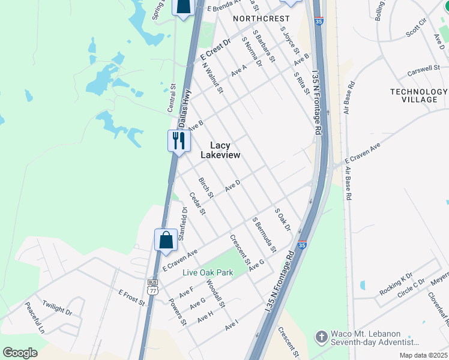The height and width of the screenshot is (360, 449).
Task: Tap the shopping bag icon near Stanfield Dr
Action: click(166, 240)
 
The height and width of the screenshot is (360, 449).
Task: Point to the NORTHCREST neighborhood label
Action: click(261, 19)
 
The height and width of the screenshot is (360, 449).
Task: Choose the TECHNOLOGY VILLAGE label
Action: click(418, 95)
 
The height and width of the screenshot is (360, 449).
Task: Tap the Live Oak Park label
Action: click(208, 272)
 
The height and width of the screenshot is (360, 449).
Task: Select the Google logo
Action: click(20, 352)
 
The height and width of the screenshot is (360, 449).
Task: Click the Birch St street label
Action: click(206, 187)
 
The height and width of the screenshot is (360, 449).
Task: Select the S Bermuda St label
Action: click(264, 235)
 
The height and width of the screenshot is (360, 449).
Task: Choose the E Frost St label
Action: click(132, 298)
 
